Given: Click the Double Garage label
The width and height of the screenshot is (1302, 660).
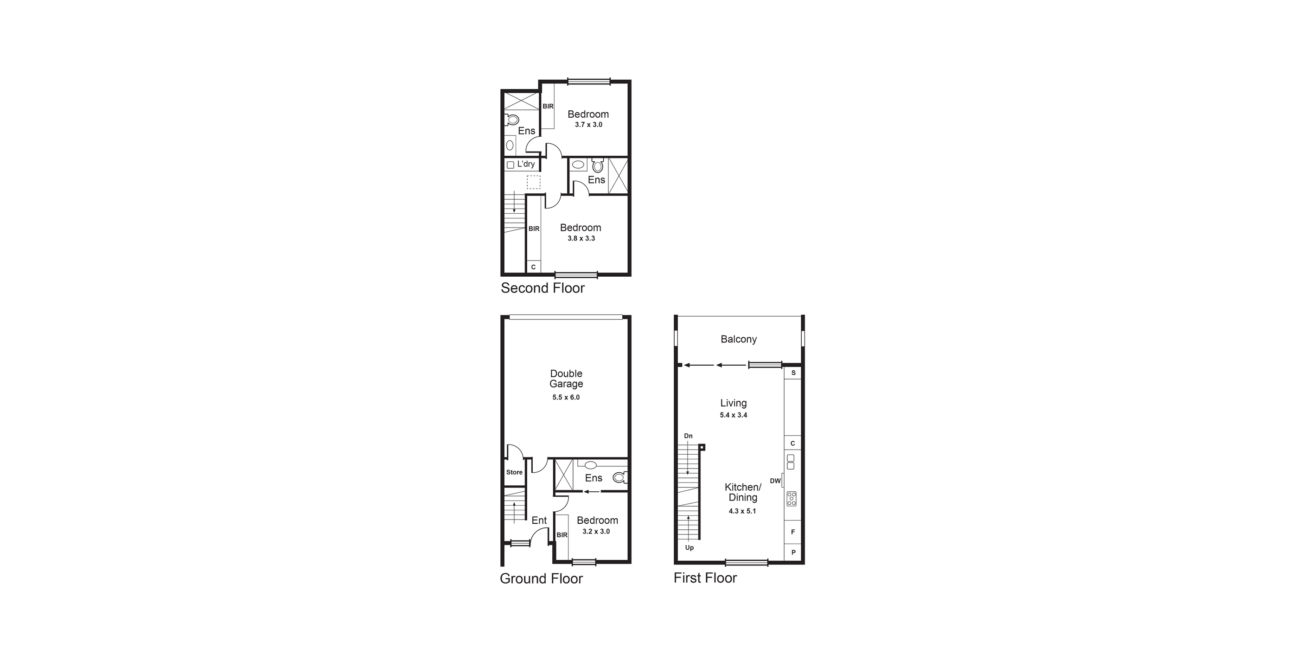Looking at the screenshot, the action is tap(566, 379).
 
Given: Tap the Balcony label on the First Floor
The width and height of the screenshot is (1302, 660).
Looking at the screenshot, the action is tap(739, 339).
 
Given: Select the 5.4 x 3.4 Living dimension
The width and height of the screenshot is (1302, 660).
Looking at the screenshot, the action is tap(734, 415).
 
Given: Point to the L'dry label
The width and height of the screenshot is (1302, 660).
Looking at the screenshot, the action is tap(526, 164).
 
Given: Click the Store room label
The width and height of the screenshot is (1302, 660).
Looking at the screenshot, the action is tap(515, 472).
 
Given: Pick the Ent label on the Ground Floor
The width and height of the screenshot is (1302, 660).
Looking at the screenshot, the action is tap(539, 520).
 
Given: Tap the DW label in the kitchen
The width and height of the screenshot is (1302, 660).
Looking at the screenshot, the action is tap(775, 481).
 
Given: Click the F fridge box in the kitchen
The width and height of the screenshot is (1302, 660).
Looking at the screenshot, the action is tap(792, 532).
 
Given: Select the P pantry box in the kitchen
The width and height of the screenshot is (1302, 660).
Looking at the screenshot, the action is tap(793, 552).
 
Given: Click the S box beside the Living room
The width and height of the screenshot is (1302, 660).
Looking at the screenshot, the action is tap(793, 373).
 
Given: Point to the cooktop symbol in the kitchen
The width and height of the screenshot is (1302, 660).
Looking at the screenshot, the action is tap(791, 498).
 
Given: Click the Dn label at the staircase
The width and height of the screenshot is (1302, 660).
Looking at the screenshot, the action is tap(688, 436).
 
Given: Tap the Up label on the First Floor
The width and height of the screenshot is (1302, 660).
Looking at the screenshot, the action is tap(689, 547).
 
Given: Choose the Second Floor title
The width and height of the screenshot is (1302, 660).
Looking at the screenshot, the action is tap(542, 288).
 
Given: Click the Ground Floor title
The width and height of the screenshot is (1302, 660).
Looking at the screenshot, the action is tap(541, 578).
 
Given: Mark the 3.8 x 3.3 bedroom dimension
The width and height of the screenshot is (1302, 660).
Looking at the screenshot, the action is tap(581, 238).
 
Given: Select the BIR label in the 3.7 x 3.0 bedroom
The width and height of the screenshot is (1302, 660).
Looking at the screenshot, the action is tap(548, 106).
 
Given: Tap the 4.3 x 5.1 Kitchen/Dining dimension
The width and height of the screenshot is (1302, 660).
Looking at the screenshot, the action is tap(742, 511).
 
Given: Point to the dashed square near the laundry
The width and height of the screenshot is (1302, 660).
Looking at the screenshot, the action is tap(534, 182).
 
